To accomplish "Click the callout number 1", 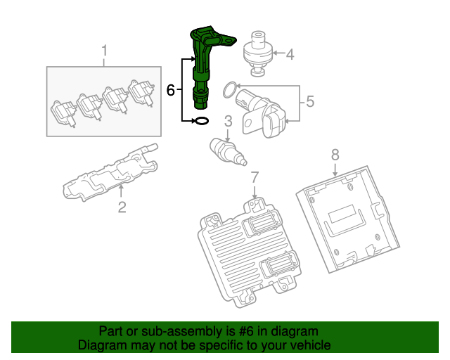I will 105,51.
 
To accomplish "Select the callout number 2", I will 121,206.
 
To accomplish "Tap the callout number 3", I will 228,122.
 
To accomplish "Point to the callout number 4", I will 289,53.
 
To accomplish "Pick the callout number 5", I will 310,103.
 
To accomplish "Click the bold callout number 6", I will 170,90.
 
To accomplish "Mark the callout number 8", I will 335,153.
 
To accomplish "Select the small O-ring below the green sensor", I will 201,121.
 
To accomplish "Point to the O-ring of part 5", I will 229,89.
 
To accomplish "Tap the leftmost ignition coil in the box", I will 63,112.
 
